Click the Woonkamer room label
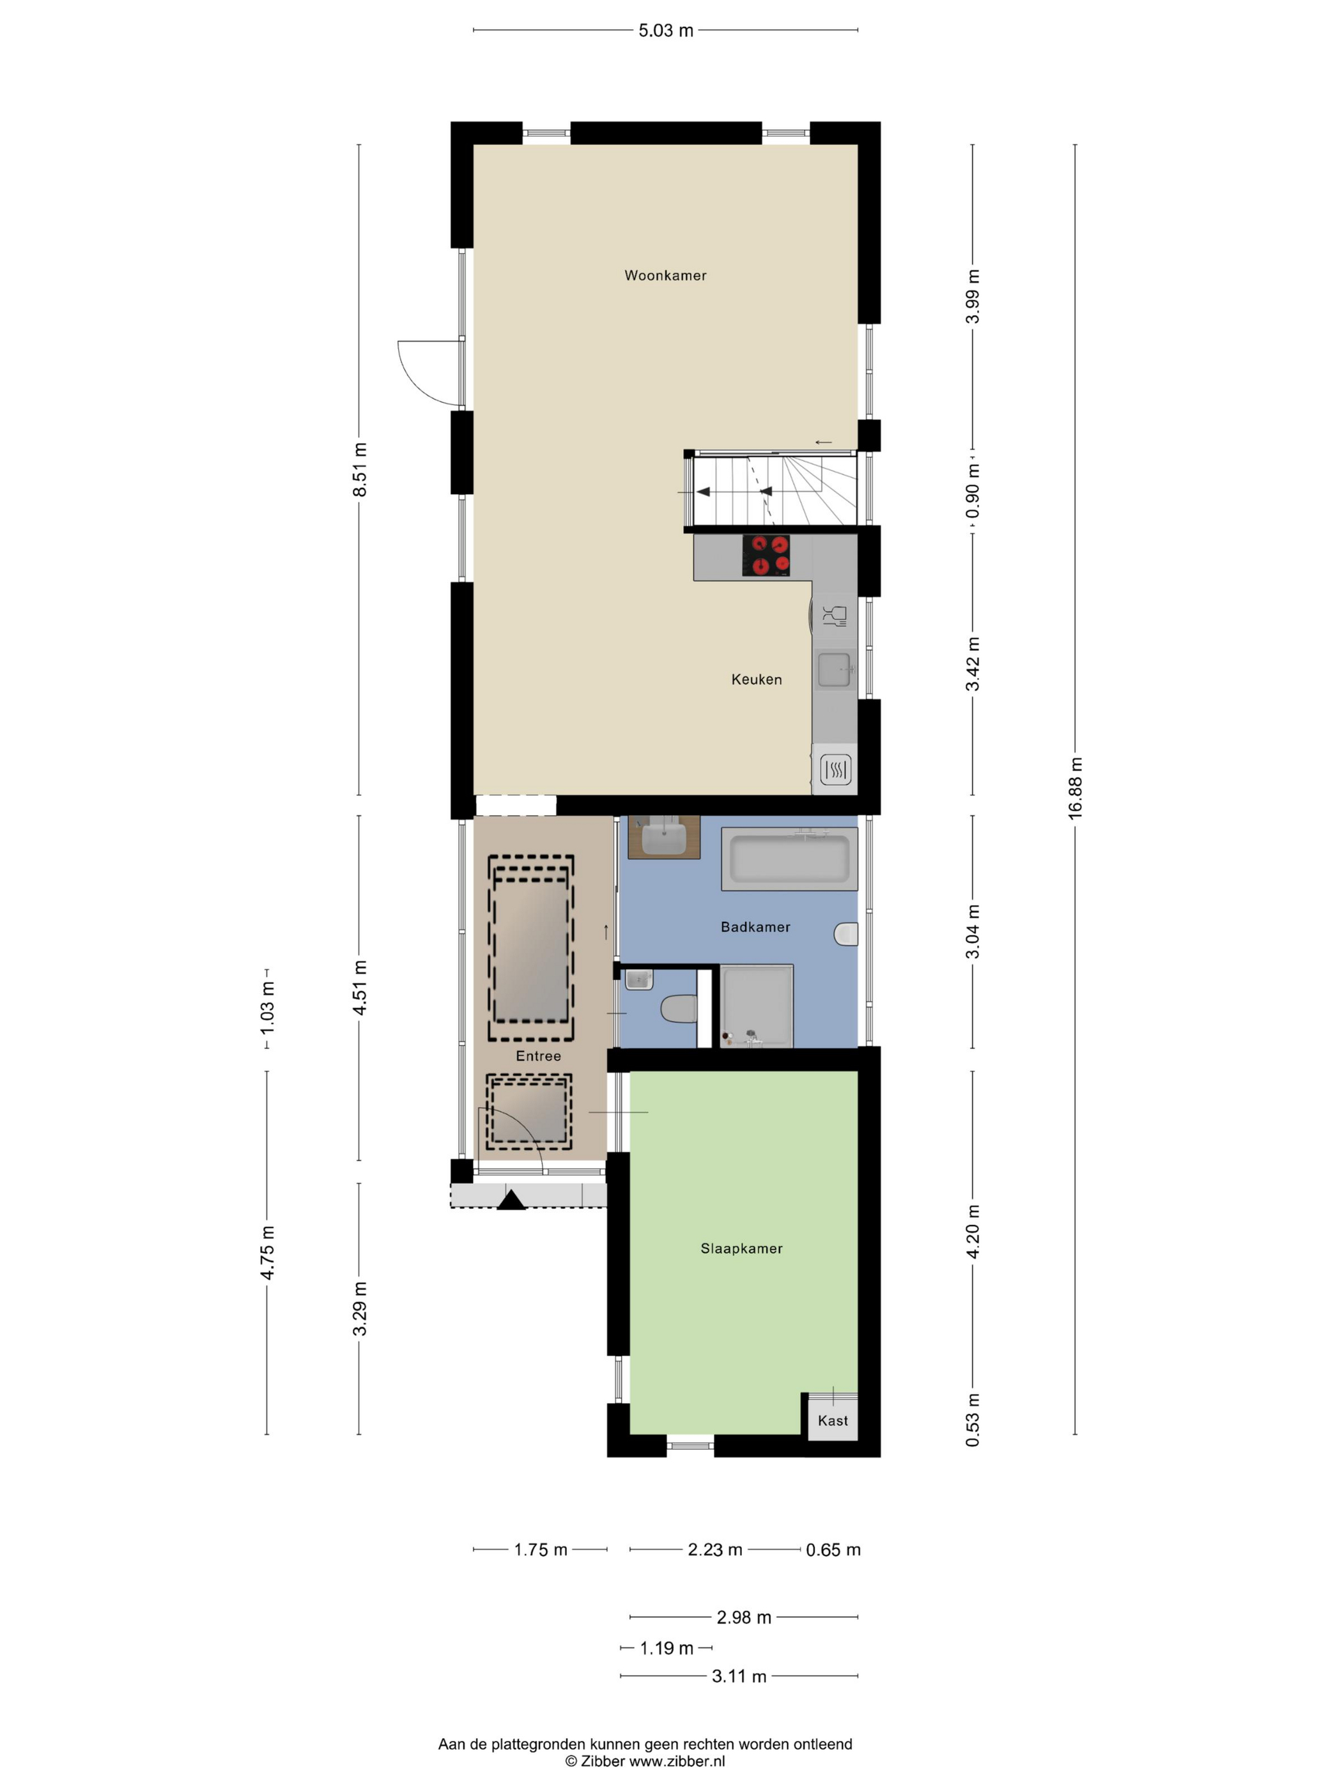pos(665,275)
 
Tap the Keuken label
pos(757,679)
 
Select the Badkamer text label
pos(755,926)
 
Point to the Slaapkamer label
pos(741,1248)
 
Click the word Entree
pos(538,1055)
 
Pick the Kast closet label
pos(833,1420)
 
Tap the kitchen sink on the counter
pos(834,669)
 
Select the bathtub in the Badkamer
pos(789,859)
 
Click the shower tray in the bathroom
pos(757,1005)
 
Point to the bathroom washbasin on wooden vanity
pos(664,837)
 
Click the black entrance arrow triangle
pos(511,1199)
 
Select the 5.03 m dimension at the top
pos(666,31)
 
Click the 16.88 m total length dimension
pos(1075,788)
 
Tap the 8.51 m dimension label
pos(360,469)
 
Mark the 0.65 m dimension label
pos(833,1549)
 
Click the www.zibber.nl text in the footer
pos(676,1760)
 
